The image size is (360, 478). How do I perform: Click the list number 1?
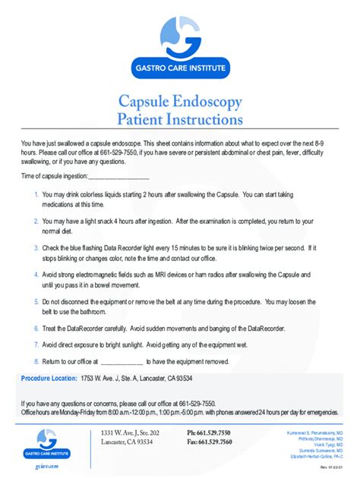[x=36, y=195]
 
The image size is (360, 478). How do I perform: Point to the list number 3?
[x=36, y=247]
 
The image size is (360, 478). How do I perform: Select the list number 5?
[x=36, y=300]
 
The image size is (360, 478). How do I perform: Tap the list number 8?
[x=36, y=361]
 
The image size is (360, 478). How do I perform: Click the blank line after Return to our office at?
[x=116, y=362]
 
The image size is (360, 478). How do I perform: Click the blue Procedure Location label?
[x=49, y=378]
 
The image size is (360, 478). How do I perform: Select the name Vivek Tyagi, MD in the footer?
[x=323, y=443]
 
